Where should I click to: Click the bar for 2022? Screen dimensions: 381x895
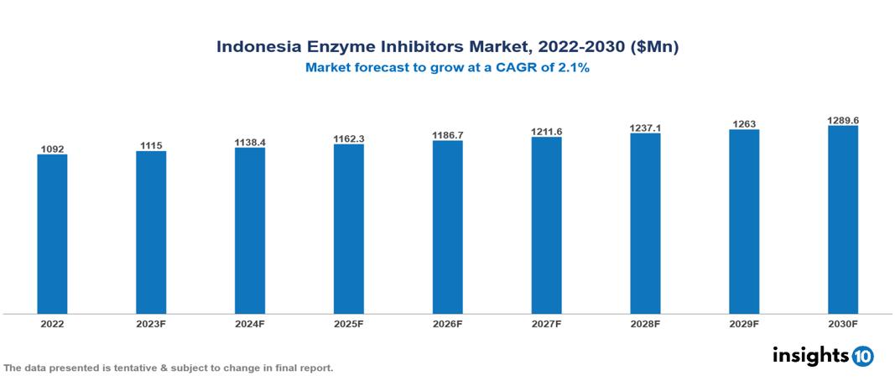(x=52, y=234)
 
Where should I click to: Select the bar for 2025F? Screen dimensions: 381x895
(x=349, y=229)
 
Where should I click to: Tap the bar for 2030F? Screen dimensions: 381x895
(x=843, y=220)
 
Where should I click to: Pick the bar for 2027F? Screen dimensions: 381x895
(x=547, y=226)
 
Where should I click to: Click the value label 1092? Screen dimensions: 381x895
(x=52, y=149)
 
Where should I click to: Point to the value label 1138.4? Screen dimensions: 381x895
(x=250, y=143)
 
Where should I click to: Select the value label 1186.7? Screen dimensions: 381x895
(x=448, y=134)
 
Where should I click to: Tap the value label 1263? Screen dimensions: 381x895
(x=744, y=124)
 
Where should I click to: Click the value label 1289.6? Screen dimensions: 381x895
(x=843, y=121)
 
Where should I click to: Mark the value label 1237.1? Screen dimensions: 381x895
(x=645, y=128)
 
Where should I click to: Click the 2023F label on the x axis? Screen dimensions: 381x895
(x=151, y=323)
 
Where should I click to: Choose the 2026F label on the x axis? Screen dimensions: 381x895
(x=448, y=323)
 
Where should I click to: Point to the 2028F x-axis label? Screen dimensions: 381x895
(x=645, y=323)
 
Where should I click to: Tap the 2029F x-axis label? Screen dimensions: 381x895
(x=744, y=323)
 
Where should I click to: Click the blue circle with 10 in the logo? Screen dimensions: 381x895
(x=862, y=356)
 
